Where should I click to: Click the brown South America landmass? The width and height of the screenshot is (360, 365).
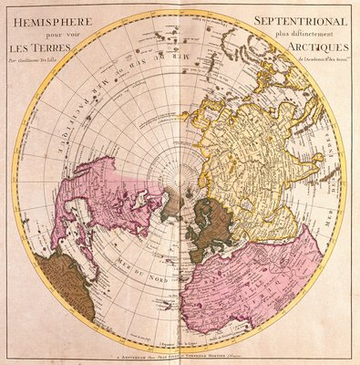pyautogui.click(x=64, y=283)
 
